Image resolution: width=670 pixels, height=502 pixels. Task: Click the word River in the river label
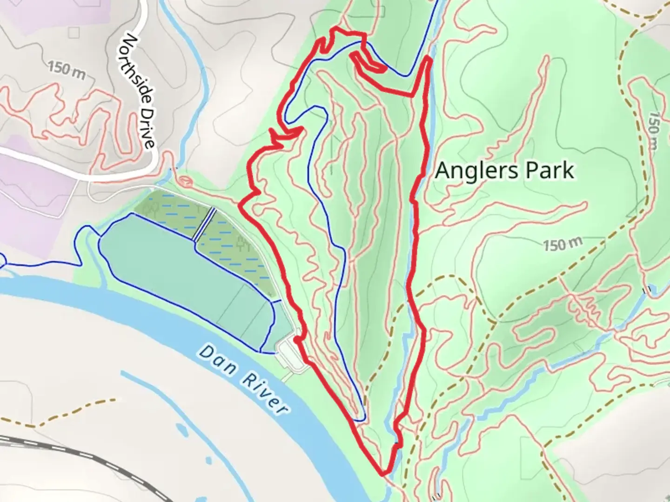pos(264,393)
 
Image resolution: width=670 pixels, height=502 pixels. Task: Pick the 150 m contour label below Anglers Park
pos(563,244)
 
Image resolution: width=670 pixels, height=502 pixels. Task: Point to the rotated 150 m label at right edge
pos(653,130)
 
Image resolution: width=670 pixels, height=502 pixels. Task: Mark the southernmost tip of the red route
pos(383,474)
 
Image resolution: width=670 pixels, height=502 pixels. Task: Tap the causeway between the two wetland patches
pos(205,224)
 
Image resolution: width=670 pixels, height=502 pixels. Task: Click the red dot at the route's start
pos(296,341)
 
